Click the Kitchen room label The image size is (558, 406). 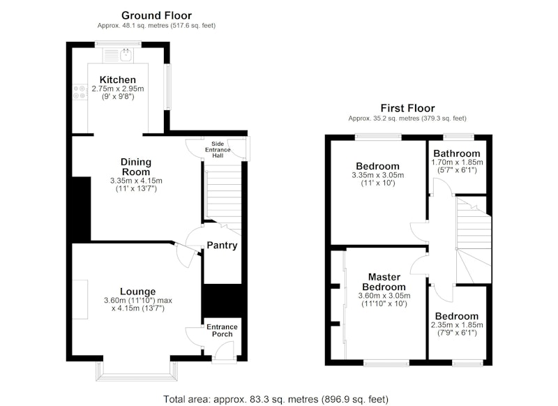(117, 80)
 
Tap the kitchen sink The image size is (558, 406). (126, 56)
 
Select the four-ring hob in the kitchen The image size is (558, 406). (80, 92)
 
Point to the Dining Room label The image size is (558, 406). (136, 167)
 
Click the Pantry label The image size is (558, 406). (222, 245)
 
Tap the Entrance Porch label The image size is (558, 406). (222, 331)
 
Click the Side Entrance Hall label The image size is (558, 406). (218, 149)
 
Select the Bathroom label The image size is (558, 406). (457, 153)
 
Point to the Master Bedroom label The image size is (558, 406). (384, 282)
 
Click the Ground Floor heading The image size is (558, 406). (156, 15)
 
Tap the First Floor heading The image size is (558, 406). (407, 108)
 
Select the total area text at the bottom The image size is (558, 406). (276, 399)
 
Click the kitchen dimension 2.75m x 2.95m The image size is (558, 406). (118, 89)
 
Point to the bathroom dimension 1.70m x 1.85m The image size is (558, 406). (457, 163)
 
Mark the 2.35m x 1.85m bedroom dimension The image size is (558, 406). (457, 325)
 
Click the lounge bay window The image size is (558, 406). (136, 371)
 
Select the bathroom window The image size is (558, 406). (459, 136)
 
